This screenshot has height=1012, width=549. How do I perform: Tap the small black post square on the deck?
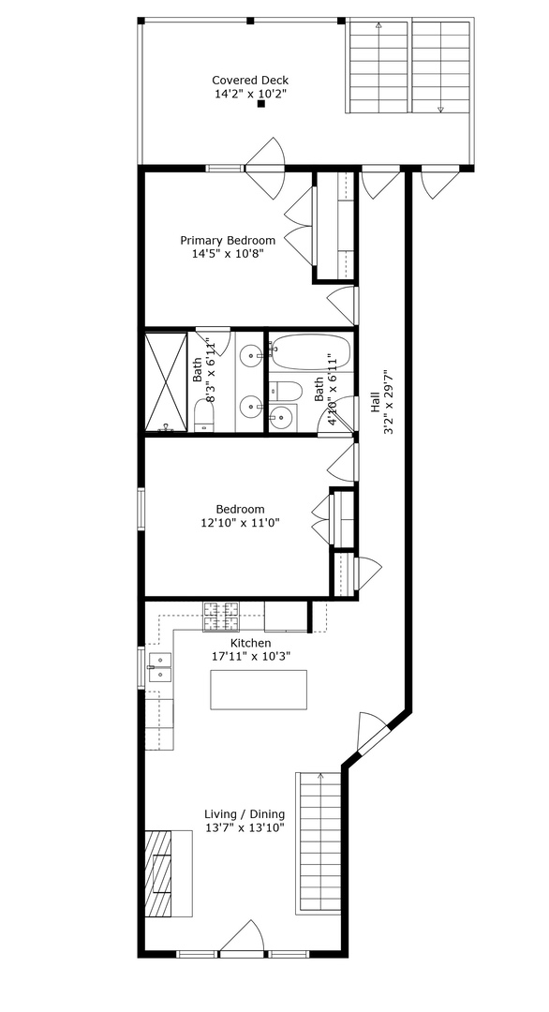click(261, 104)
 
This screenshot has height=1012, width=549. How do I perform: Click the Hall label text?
click(376, 404)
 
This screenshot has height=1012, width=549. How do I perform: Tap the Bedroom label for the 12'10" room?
click(240, 510)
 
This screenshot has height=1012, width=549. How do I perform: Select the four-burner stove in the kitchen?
click(222, 617)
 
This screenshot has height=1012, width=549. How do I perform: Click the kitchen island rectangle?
click(259, 691)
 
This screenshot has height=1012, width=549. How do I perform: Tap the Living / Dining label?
click(245, 814)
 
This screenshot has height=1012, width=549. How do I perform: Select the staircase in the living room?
click(319, 843)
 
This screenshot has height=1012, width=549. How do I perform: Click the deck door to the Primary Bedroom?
click(263, 159)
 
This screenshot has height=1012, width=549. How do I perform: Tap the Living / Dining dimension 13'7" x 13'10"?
click(245, 828)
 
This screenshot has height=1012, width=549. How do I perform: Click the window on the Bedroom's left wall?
click(141, 509)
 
